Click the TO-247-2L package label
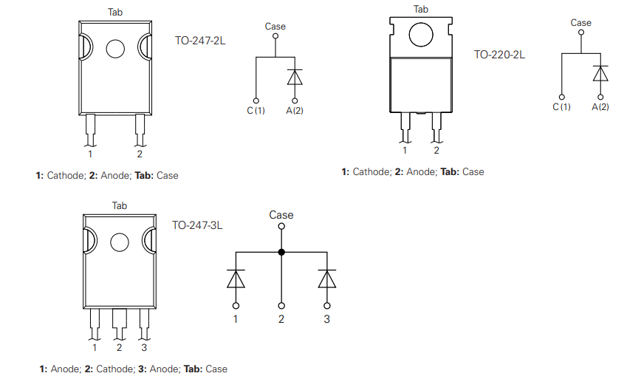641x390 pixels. click(x=200, y=41)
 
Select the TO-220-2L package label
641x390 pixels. click(x=500, y=54)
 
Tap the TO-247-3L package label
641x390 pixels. click(x=197, y=225)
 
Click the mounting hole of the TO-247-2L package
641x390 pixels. click(x=116, y=49)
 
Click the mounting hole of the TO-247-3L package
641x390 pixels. click(x=119, y=242)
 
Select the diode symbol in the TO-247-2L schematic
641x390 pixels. click(x=295, y=78)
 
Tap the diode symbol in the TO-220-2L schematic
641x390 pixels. click(x=600, y=74)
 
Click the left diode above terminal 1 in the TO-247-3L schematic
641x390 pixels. click(x=236, y=278)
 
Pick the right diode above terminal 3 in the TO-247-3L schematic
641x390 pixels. click(x=326, y=278)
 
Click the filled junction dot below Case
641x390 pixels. click(x=281, y=252)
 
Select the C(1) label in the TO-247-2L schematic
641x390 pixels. click(x=256, y=111)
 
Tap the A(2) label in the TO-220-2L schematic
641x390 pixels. click(x=600, y=107)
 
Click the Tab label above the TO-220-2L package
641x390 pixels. click(x=421, y=9)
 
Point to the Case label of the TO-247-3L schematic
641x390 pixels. click(x=281, y=215)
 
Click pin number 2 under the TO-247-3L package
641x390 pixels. click(x=119, y=347)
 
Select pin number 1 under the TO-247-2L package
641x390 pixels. click(x=90, y=154)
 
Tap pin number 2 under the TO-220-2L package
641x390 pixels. click(x=436, y=151)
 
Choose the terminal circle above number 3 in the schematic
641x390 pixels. click(x=326, y=305)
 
